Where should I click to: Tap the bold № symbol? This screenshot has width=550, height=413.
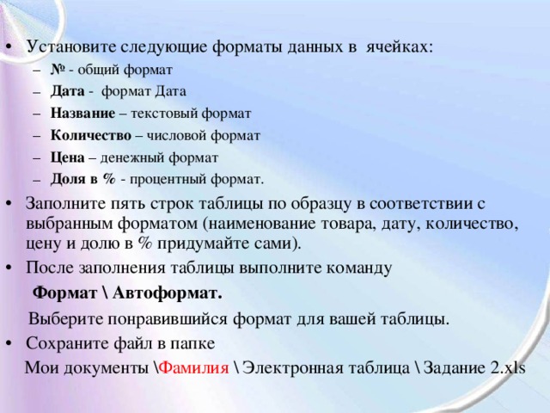(58, 69)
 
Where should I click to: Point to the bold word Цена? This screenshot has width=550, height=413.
(67, 157)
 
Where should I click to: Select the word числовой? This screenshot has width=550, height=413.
(177, 134)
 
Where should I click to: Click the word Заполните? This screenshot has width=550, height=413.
(64, 204)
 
